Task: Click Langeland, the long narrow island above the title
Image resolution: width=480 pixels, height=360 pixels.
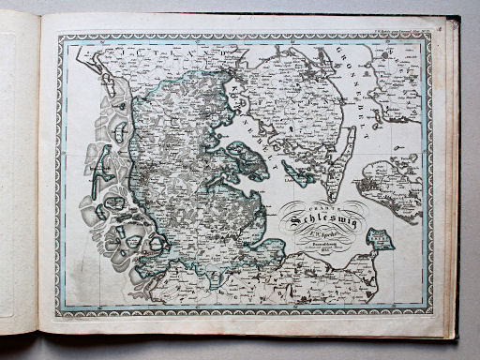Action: (344, 153)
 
